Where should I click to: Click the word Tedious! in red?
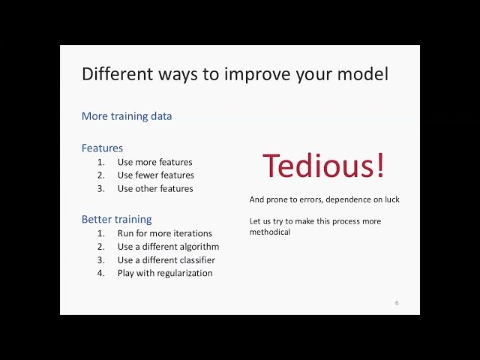[x=323, y=166]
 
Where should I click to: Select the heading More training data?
[x=126, y=116]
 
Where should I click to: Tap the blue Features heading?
[x=102, y=148]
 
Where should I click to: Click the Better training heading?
[x=116, y=219]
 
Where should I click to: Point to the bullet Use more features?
[x=154, y=162]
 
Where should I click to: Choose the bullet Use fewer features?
[x=155, y=175]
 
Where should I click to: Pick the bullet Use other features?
[x=155, y=189]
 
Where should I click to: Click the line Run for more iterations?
[x=164, y=233]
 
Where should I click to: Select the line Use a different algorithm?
[x=168, y=247]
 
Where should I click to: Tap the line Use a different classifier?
[x=166, y=260]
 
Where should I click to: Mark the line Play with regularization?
[x=165, y=274]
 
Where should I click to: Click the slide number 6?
[x=397, y=303]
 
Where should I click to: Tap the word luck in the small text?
[x=391, y=199]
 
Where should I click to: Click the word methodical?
[x=270, y=232]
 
